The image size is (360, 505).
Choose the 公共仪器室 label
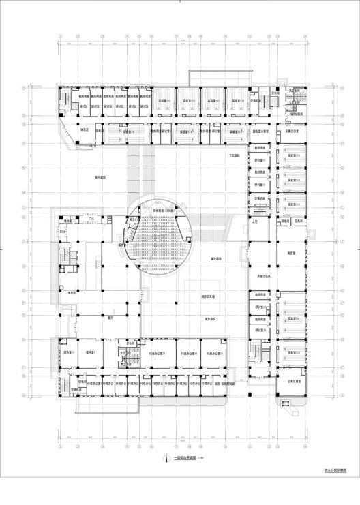[292, 382]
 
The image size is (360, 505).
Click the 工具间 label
[298, 221]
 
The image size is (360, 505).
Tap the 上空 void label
[256, 221]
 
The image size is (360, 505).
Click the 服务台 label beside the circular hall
[124, 244]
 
